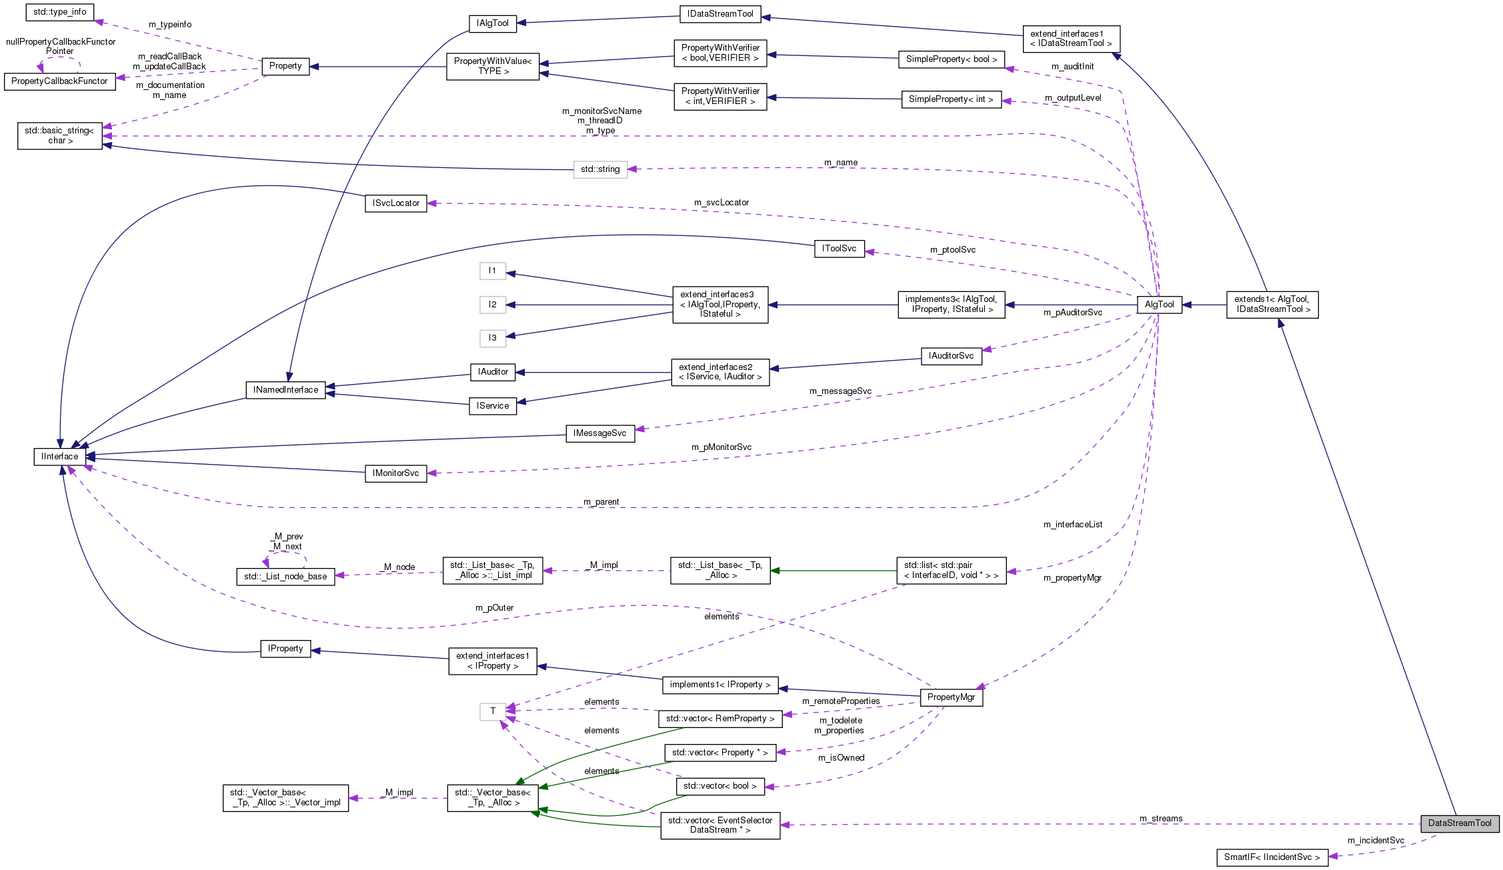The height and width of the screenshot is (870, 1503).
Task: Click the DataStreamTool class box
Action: (x=1459, y=823)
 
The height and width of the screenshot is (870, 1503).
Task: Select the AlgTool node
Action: (x=1159, y=305)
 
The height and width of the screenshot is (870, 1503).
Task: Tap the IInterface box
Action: (x=60, y=457)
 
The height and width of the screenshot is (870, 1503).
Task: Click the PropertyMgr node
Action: (x=951, y=697)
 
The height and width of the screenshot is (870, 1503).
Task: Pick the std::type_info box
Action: (x=60, y=12)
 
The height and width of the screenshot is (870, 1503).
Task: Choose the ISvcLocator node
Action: (x=396, y=203)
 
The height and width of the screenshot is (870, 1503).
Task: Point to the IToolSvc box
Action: (x=839, y=249)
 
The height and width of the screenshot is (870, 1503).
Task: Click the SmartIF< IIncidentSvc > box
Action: (x=1272, y=857)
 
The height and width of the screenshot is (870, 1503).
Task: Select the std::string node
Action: (x=600, y=169)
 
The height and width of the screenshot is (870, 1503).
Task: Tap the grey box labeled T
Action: (x=493, y=711)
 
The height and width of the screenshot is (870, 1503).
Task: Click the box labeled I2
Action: (x=493, y=305)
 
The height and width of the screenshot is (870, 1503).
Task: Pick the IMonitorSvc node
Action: (x=396, y=473)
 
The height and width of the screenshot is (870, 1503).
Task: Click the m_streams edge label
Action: (x=1161, y=819)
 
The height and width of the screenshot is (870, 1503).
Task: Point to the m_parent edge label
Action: (x=601, y=502)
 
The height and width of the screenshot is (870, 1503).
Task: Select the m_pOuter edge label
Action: (x=494, y=608)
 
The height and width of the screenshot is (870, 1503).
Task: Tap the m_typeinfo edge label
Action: (x=170, y=25)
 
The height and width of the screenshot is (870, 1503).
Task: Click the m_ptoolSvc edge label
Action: (x=952, y=250)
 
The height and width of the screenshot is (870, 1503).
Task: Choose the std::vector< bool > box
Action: (x=720, y=786)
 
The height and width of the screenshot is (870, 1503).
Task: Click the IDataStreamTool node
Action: (x=720, y=14)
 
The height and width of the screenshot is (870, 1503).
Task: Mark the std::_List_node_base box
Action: (x=285, y=577)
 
